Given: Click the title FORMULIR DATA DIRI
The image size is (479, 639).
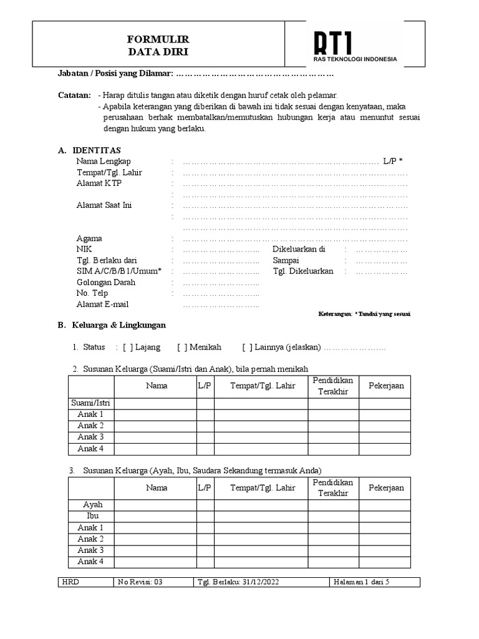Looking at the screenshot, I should [x=158, y=46].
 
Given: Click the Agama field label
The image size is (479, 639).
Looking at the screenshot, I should [x=89, y=238].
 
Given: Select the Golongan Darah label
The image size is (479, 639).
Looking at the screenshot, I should [x=105, y=282].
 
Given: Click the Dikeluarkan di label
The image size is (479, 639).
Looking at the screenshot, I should [x=299, y=249].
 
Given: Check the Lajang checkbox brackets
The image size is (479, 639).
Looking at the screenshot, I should [x=127, y=347].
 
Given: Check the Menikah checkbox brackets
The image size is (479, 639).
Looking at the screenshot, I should [x=181, y=347].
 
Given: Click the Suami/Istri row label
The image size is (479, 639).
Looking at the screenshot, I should [x=90, y=403].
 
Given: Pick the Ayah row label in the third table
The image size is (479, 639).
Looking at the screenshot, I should [x=90, y=505].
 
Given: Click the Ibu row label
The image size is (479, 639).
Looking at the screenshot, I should [x=90, y=516].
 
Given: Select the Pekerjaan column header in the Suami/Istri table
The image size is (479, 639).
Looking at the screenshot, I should [x=386, y=386].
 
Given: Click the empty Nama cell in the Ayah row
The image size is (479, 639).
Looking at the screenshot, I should [x=156, y=505].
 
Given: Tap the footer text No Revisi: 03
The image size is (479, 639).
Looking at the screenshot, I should [x=140, y=582].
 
